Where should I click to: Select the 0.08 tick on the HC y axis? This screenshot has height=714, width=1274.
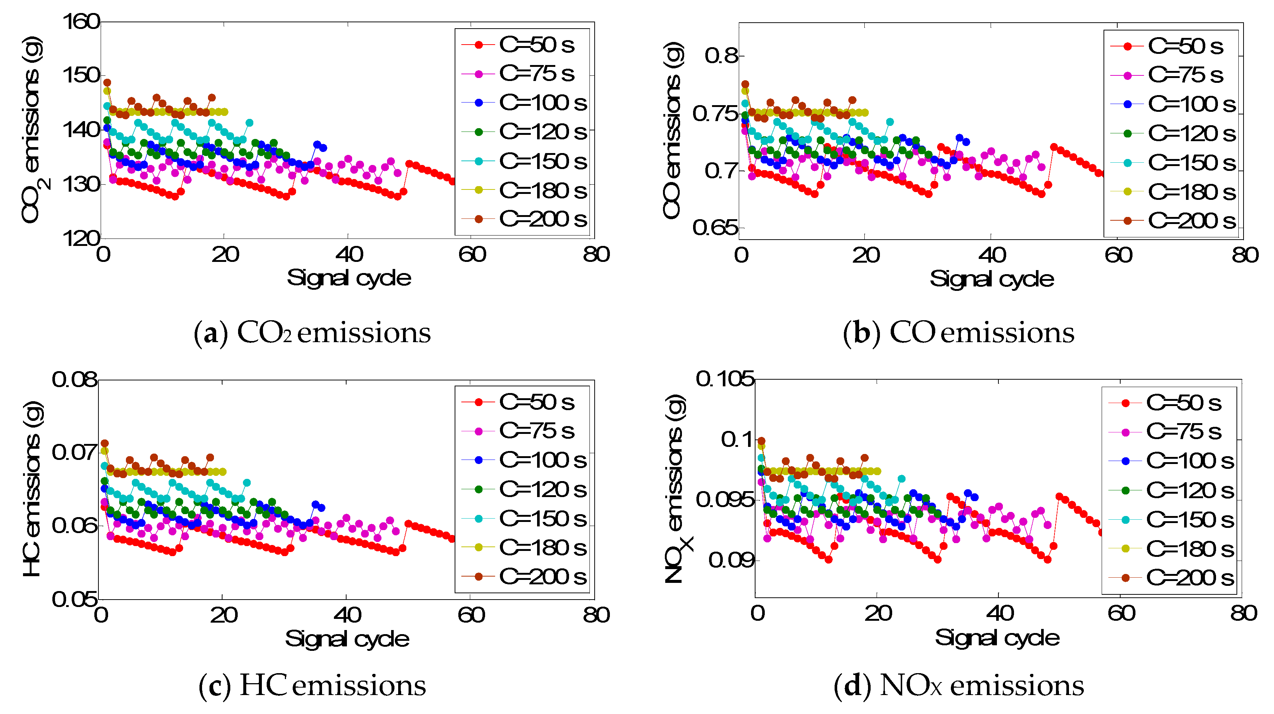pos(75,380)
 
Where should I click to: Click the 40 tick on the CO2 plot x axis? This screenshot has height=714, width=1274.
pos(349,254)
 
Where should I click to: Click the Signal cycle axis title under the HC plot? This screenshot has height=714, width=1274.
pos(347,639)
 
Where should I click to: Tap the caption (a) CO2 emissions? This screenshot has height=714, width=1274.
pos(312,332)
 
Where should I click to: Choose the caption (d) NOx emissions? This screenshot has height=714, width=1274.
pos(958,685)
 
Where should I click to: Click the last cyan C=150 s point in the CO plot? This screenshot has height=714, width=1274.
pos(890,122)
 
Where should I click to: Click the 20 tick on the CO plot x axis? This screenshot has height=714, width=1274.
pos(865,255)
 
